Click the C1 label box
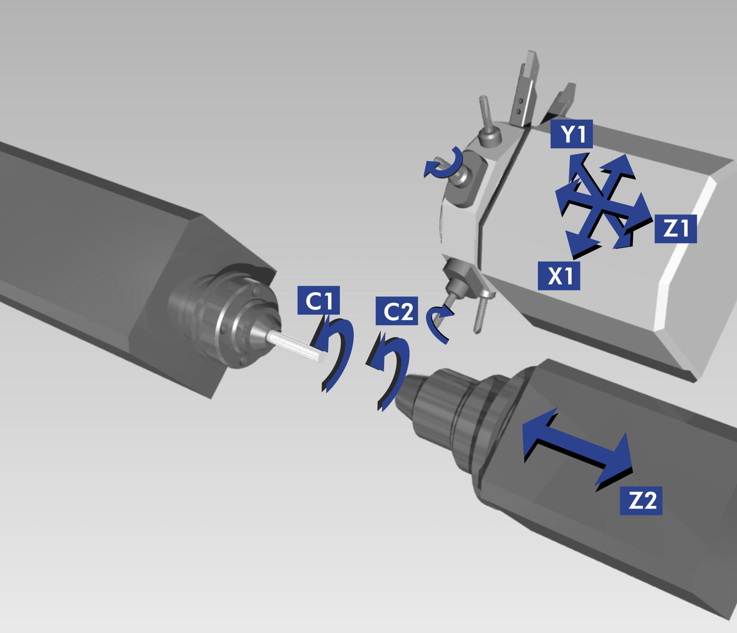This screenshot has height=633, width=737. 319,300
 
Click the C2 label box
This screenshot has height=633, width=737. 397,311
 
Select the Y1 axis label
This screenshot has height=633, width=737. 572,134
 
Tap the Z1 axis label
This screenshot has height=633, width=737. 675,229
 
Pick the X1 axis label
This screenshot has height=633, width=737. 559,275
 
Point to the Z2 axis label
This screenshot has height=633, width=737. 641,501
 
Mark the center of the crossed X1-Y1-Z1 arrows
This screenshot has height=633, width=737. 601,202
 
